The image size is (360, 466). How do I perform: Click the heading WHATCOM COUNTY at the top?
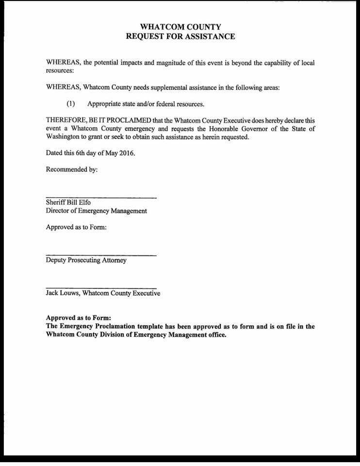coord(180,27)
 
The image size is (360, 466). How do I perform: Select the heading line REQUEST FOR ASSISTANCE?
coord(180,37)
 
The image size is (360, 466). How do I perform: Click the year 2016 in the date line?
coord(125,153)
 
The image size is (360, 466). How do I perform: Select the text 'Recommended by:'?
coord(72,169)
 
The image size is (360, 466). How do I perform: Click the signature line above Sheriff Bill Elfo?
coord(101,197)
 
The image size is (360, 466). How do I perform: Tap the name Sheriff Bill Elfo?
coord(68,202)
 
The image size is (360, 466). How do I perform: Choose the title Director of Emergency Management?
coord(96,211)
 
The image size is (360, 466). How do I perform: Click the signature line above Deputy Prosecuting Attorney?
coord(101,255)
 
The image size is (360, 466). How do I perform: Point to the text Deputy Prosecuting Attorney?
coord(86,260)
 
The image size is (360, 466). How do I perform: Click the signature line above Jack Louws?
coord(101,288)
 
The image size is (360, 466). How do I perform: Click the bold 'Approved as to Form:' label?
coord(79,318)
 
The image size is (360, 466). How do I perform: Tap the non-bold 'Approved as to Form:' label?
coord(76,227)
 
